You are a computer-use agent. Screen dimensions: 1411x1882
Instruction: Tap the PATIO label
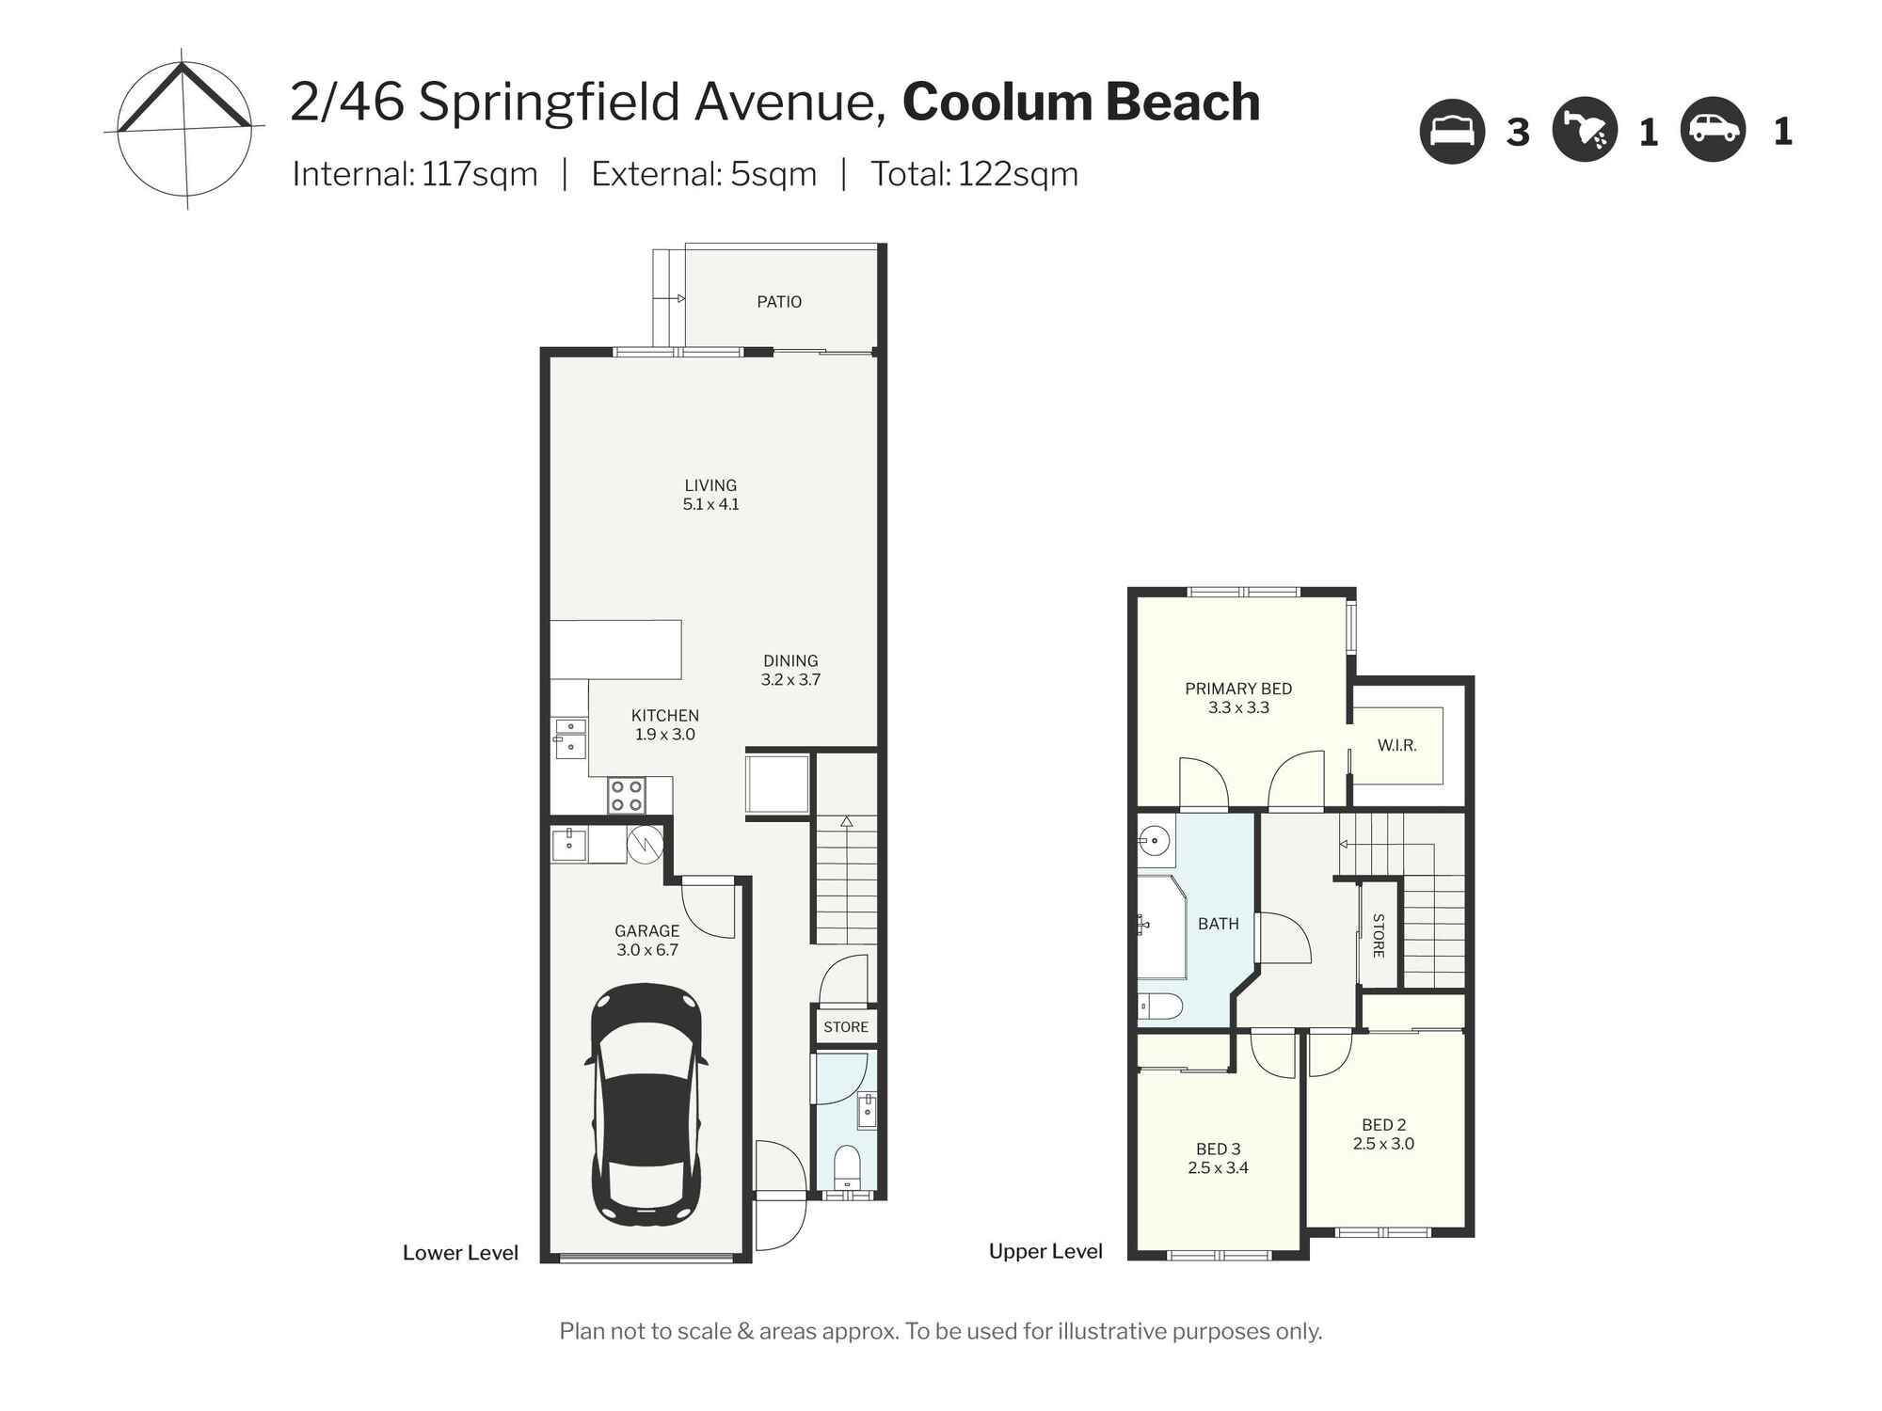coord(779,302)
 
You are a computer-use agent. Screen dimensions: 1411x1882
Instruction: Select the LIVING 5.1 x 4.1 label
coord(710,495)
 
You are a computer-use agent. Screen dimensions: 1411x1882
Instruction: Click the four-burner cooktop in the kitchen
coord(626,796)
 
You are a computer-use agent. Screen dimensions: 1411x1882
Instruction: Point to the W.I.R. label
coord(1396,745)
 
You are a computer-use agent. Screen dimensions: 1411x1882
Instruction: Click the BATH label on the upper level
coord(1218,924)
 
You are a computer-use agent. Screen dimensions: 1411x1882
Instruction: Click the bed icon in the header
coord(1451,132)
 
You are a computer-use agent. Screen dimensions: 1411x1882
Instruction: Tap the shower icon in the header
coord(1585,132)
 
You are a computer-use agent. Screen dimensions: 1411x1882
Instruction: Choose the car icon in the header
coord(1713,132)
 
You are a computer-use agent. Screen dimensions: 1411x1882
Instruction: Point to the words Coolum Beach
coord(1080,102)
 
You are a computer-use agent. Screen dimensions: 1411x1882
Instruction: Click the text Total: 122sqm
coord(974,174)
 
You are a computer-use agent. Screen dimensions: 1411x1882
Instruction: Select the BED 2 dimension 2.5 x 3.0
coord(1383,1144)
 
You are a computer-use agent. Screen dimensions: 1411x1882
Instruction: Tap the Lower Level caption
coord(460,1253)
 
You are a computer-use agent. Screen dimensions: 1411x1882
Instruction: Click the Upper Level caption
coord(1045,1251)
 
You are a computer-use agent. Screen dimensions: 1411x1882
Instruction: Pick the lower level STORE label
coord(845,1027)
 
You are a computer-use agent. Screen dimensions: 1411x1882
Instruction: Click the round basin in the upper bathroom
coord(1154,839)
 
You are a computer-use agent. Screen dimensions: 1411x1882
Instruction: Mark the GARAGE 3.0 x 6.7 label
coord(646,941)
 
